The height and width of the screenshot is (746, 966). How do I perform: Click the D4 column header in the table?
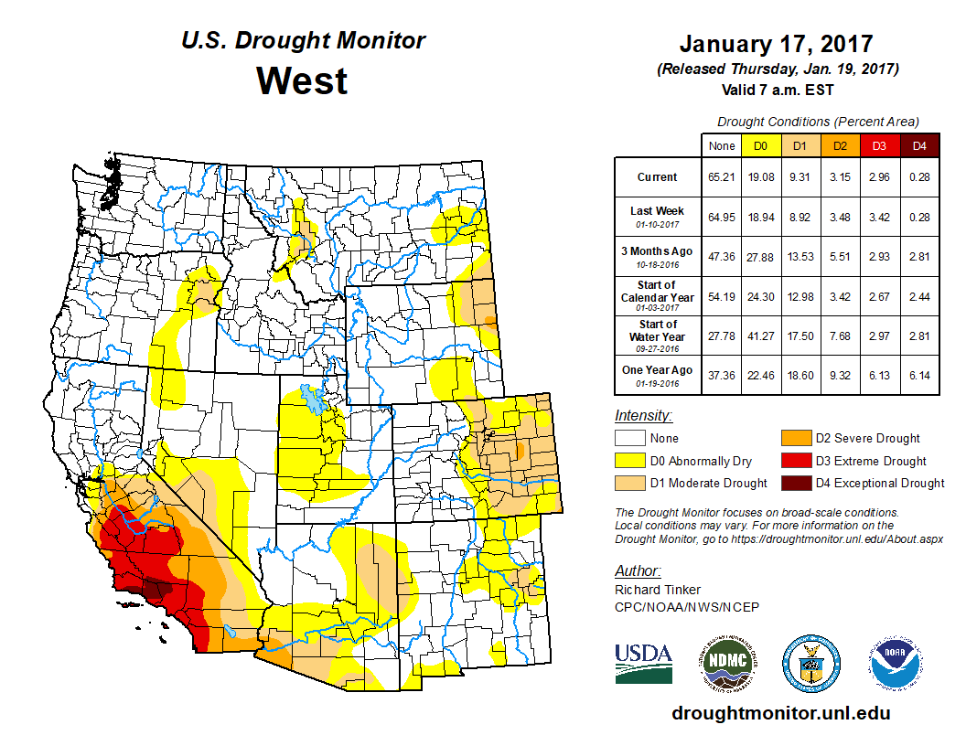(x=919, y=145)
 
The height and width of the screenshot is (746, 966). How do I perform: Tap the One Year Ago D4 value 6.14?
(x=919, y=377)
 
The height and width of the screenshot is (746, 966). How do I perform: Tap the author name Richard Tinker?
(x=658, y=590)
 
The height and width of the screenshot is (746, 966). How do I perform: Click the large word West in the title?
(x=302, y=80)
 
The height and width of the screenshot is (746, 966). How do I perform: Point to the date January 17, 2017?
(x=776, y=44)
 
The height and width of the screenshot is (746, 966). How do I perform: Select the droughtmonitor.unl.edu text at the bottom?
(x=780, y=713)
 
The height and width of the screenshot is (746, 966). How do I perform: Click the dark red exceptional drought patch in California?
(x=158, y=588)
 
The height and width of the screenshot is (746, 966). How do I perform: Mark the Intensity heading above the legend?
(x=643, y=415)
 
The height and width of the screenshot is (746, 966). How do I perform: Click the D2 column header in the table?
(x=839, y=145)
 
